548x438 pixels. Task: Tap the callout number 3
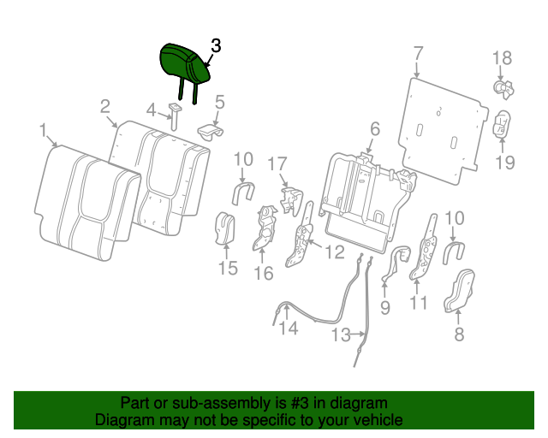pyautogui.click(x=216, y=47)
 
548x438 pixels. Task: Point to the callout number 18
pyautogui.click(x=502, y=58)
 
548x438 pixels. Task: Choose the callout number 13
pyautogui.click(x=342, y=334)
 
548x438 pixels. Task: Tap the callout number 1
pyautogui.click(x=43, y=130)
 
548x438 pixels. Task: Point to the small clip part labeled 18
pyautogui.click(x=503, y=86)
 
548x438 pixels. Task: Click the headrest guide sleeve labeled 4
pyautogui.click(x=174, y=113)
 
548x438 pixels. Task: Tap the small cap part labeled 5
pyautogui.click(x=210, y=131)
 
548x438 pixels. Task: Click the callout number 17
pyautogui.click(x=277, y=163)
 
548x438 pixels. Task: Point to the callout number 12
pyautogui.click(x=334, y=252)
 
